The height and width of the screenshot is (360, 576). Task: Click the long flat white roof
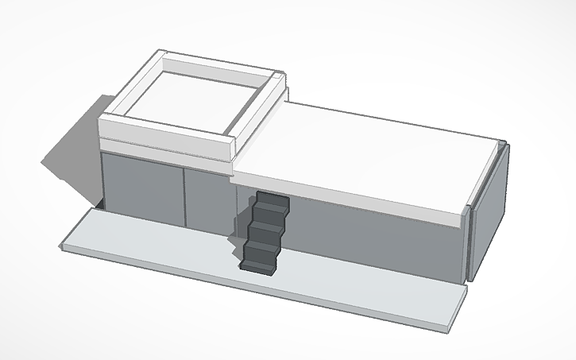click(x=373, y=151)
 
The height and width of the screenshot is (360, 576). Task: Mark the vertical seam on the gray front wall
click(x=184, y=195)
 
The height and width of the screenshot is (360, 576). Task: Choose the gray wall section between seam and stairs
click(x=208, y=203)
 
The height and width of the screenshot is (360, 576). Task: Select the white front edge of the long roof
click(x=350, y=198)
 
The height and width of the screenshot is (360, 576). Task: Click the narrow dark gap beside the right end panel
click(x=468, y=242)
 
